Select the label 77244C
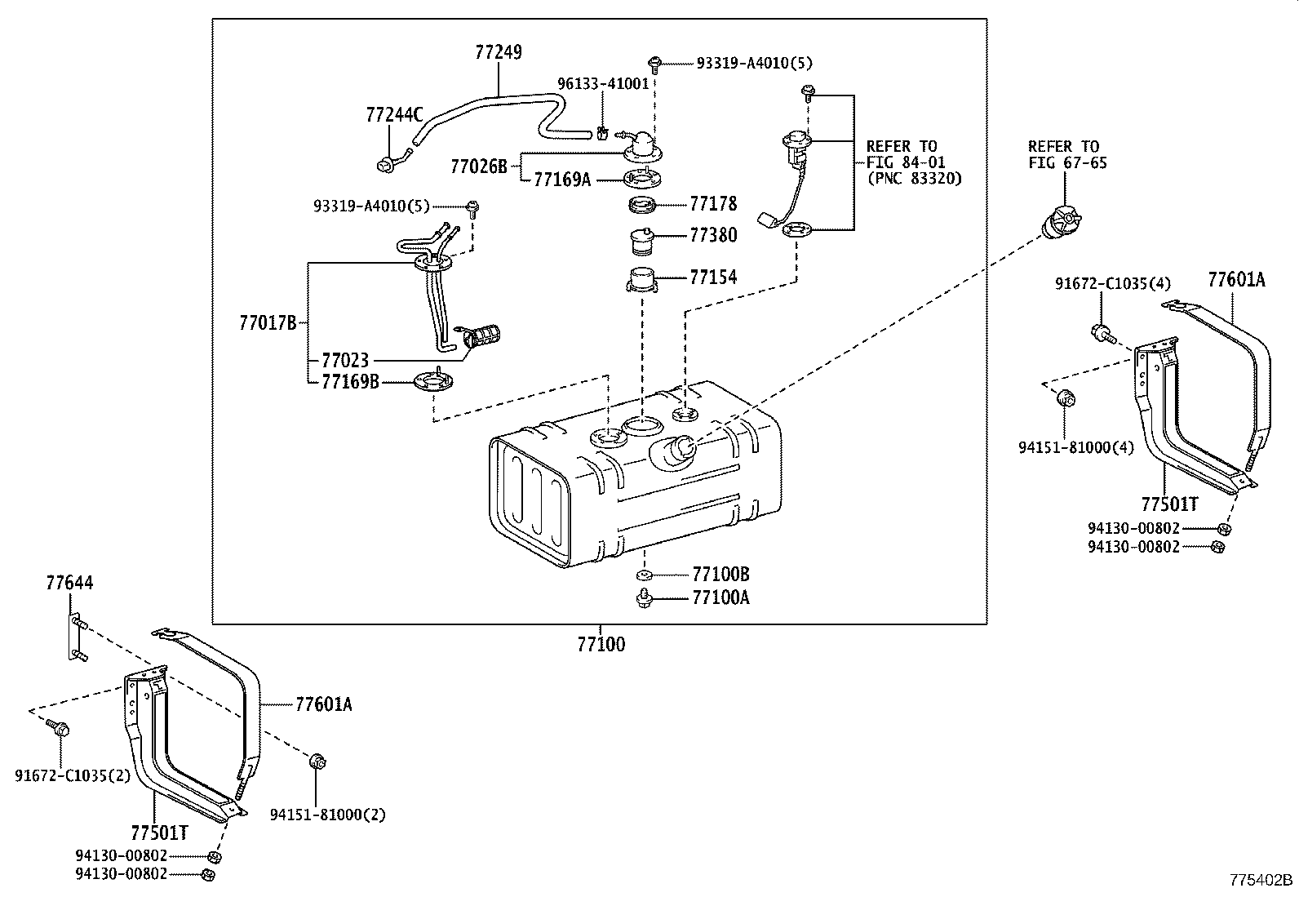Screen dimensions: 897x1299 tap(394, 115)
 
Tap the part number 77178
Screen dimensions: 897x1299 tap(713, 204)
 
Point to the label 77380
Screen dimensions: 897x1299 tap(713, 236)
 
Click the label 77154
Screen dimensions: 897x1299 tap(713, 278)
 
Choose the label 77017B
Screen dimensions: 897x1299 tap(268, 323)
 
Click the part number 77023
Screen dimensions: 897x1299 tap(345, 360)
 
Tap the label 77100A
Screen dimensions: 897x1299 tap(720, 598)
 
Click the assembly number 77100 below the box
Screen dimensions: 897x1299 tap(601, 645)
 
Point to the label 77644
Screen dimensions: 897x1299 tap(69, 584)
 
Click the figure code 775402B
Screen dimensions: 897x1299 tap(1261, 880)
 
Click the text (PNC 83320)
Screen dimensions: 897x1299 tap(914, 178)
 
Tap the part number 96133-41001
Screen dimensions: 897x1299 tap(603, 83)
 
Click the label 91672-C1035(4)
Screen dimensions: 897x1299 tap(1112, 284)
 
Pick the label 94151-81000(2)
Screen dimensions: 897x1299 tap(328, 814)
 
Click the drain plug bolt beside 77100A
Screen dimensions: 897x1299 tap(643, 599)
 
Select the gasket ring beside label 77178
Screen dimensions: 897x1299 tap(643, 204)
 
